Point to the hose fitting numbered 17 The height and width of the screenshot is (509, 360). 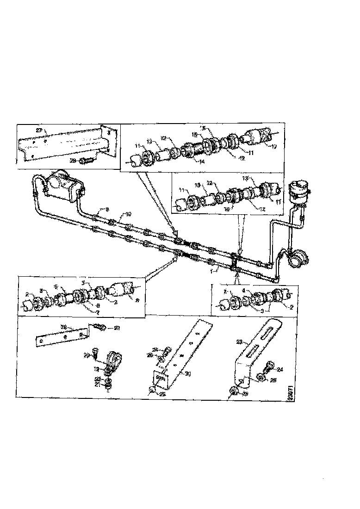coord(257,136)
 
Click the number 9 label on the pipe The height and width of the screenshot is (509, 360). coord(107,209)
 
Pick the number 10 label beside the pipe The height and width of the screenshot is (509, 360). coord(129,214)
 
